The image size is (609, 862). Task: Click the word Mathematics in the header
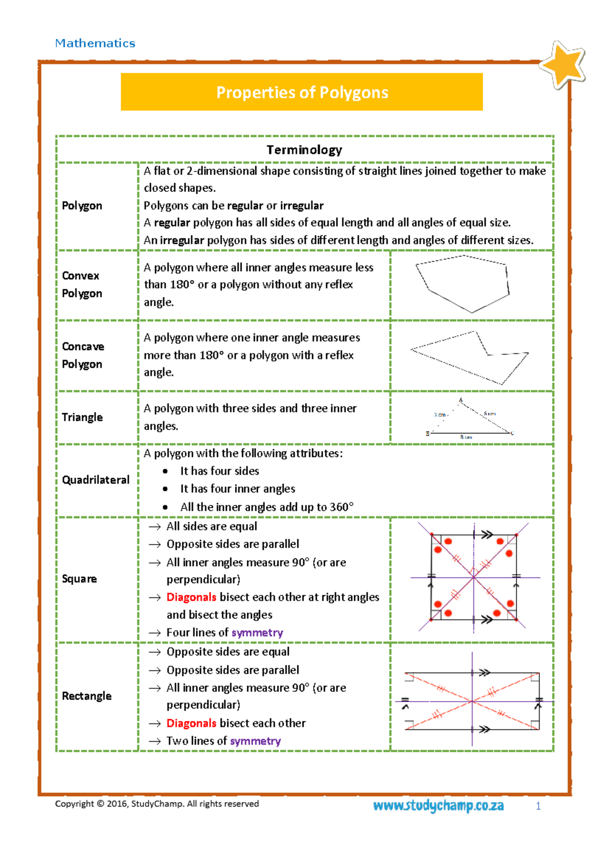(95, 43)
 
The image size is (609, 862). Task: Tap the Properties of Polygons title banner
(302, 92)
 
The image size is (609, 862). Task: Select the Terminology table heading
(304, 150)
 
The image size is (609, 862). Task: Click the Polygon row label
(82, 206)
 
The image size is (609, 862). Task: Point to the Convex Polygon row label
(82, 284)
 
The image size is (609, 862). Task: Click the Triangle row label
(82, 417)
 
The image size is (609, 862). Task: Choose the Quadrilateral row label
(95, 480)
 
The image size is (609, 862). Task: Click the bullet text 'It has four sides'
(219, 471)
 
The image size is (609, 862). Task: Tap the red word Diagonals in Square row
(191, 597)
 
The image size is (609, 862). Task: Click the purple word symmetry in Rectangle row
(256, 741)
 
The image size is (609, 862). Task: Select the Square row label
(79, 579)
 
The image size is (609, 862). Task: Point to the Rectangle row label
(86, 696)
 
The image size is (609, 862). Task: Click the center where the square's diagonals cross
(473, 577)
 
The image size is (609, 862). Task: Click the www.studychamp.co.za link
(438, 806)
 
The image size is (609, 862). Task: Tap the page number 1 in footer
(538, 806)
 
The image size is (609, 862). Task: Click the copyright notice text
(157, 804)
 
